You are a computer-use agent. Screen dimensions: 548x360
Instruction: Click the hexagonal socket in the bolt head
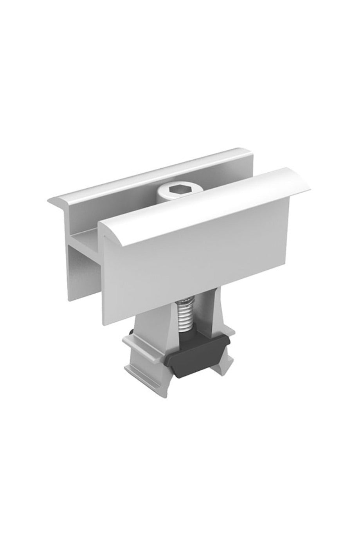(x=173, y=191)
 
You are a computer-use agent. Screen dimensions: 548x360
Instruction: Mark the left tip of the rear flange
(x=50, y=202)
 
